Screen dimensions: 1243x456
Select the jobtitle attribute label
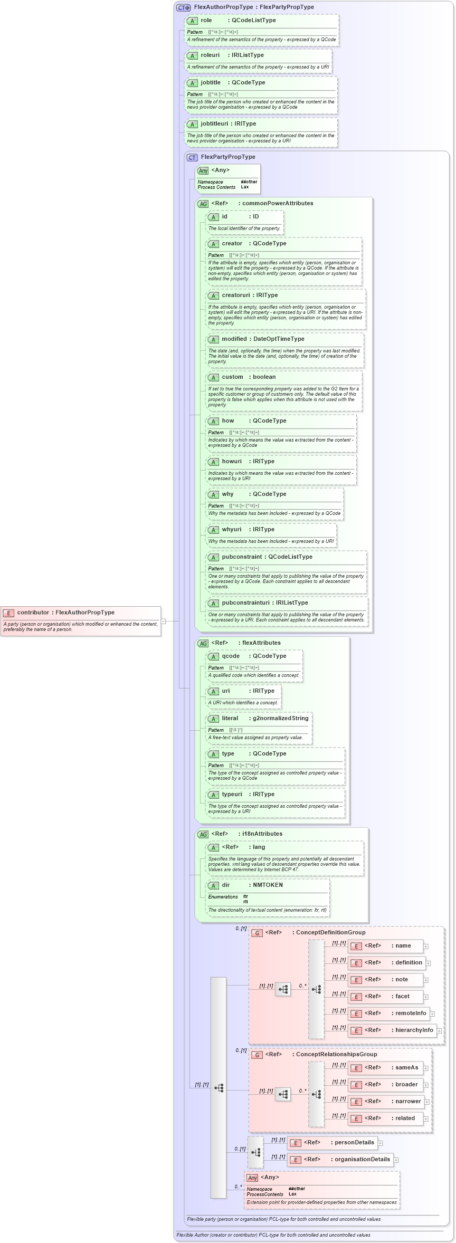(211, 83)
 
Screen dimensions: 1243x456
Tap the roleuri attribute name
(210, 55)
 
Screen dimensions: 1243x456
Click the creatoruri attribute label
(235, 295)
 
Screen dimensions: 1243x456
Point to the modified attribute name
(234, 339)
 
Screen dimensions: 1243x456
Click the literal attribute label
(230, 719)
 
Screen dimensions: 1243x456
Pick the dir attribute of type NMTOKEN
(226, 885)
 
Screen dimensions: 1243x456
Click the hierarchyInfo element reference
(414, 1030)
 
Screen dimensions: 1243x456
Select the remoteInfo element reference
(410, 1013)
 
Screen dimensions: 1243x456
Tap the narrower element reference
(408, 1102)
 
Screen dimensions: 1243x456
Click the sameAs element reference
(406, 1068)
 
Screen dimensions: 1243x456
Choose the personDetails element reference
(354, 1143)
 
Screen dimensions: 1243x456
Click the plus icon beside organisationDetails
(396, 1160)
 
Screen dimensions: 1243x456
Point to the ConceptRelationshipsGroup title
(336, 1055)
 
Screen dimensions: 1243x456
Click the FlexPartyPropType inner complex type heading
(227, 157)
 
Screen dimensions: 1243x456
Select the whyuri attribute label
(231, 530)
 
